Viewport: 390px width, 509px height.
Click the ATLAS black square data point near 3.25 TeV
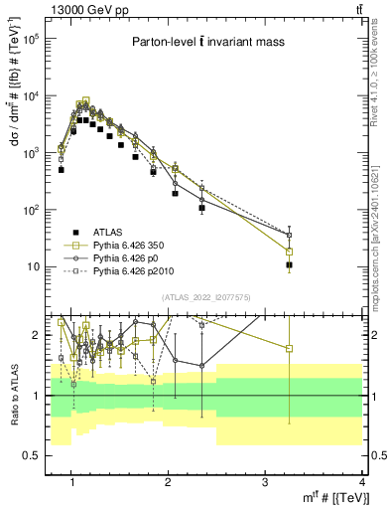289,265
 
